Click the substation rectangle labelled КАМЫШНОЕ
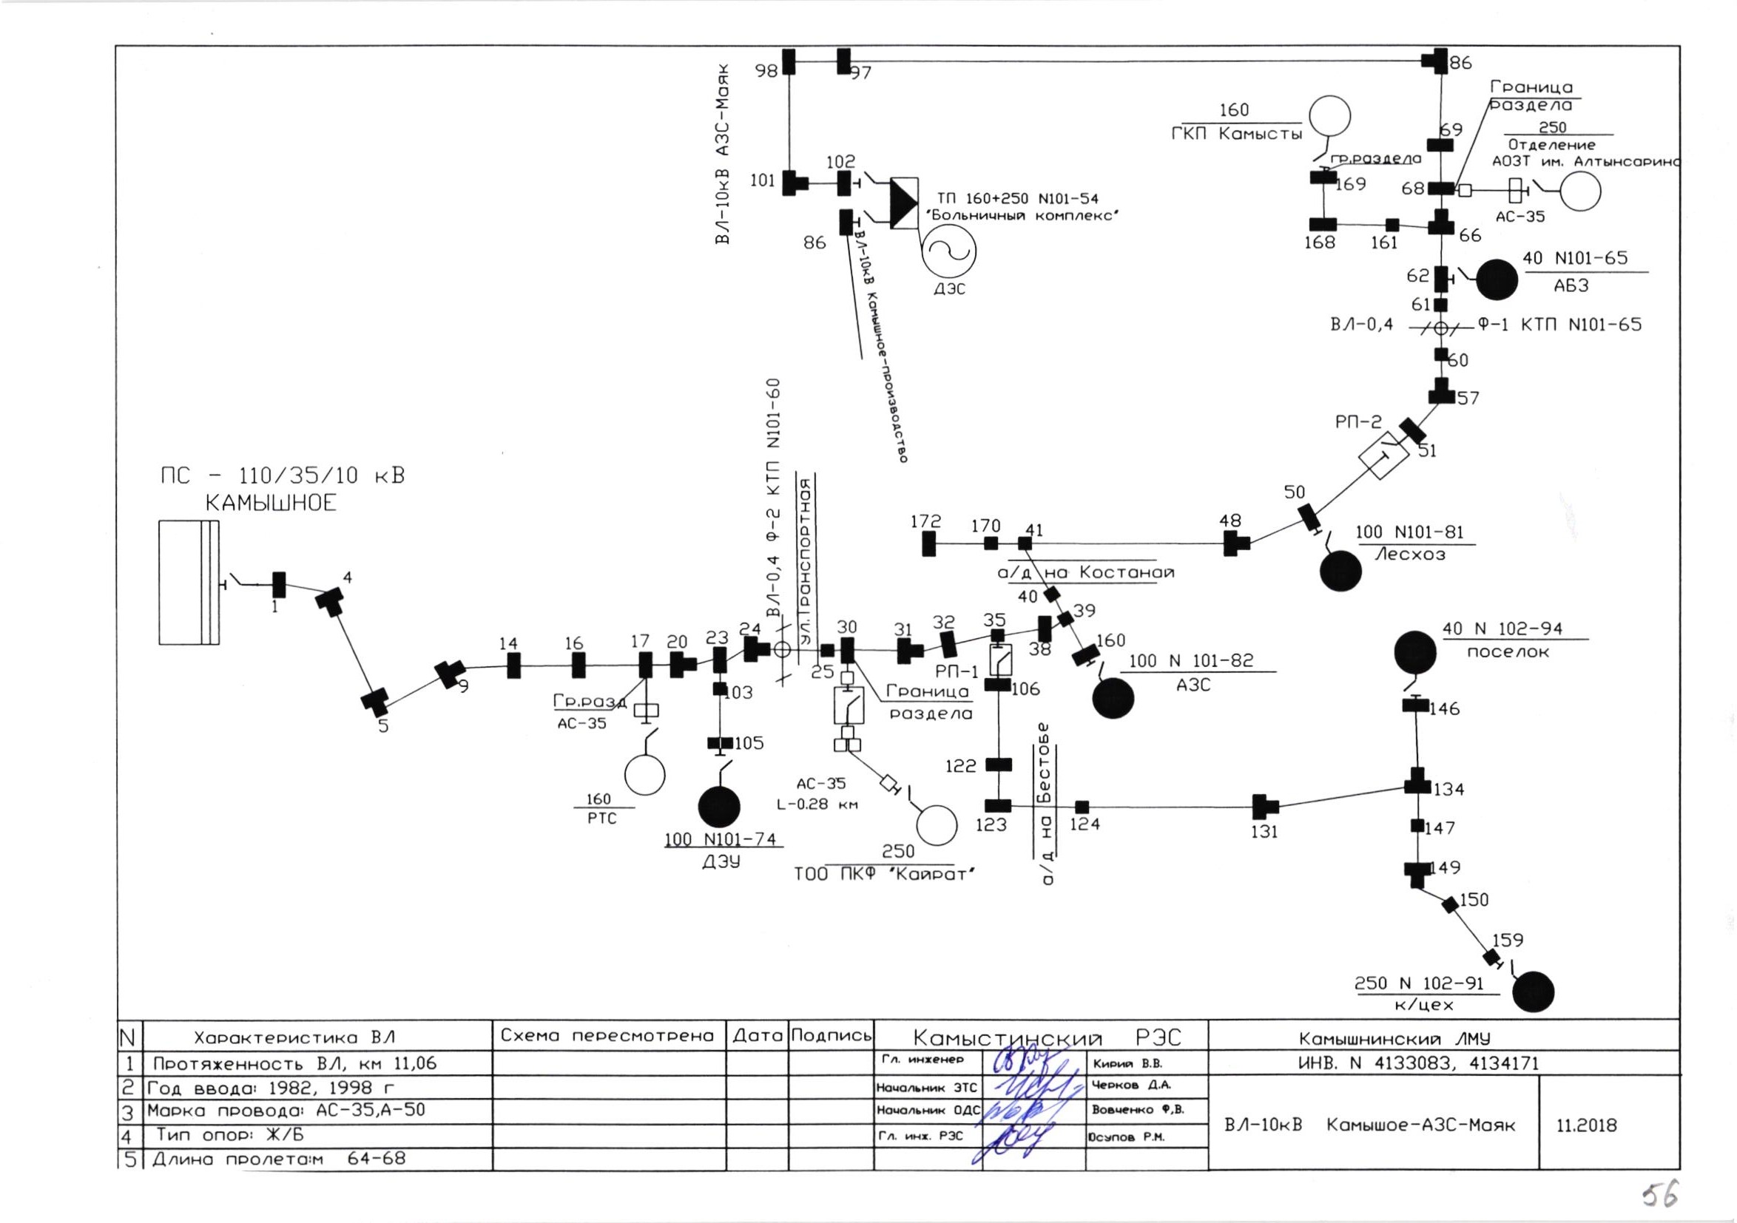[x=189, y=583]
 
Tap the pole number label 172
[x=925, y=521]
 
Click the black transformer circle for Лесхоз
[x=1340, y=571]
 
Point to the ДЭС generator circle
[x=948, y=253]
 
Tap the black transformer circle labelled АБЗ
[x=1497, y=280]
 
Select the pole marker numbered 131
[x=1264, y=806]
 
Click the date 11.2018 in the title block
[x=1585, y=1125]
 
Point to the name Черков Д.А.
[x=1130, y=1085]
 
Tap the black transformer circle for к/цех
[x=1533, y=992]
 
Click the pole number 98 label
[x=766, y=71]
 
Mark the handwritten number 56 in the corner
[x=1660, y=1195]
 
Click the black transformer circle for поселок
[x=1414, y=651]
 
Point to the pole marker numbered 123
[x=998, y=806]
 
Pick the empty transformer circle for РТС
[x=644, y=774]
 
